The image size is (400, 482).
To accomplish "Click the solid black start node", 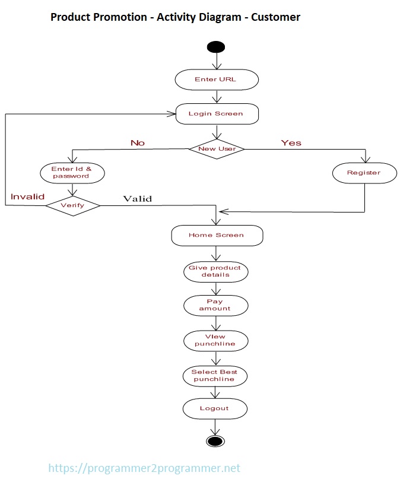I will point(215,47).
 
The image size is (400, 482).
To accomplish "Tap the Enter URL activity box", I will point(216,80).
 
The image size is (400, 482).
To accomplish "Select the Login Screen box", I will point(217,113).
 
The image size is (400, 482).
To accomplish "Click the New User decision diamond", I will point(217,148).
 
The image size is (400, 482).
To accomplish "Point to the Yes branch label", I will point(291,143).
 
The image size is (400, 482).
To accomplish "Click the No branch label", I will point(138,143).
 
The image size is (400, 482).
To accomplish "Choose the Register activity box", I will point(364,173).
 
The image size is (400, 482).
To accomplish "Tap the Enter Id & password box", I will point(72,173).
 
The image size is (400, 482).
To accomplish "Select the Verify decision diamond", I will point(72,205).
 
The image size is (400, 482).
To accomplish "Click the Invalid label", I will point(27,196).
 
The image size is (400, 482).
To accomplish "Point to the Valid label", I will point(137,199).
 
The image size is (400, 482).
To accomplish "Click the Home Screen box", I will point(216,235).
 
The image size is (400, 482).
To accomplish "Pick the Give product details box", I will point(215,271).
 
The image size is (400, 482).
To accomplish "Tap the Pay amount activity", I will point(215,305).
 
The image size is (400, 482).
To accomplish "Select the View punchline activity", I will point(215,340).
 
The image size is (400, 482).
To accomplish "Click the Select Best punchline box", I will point(214,375).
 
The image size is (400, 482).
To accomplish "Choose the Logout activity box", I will point(214,408).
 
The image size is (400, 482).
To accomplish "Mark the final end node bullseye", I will point(214,440).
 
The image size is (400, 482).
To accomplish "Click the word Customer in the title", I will point(275,17).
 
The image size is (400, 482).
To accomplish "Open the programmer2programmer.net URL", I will point(144,468).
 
